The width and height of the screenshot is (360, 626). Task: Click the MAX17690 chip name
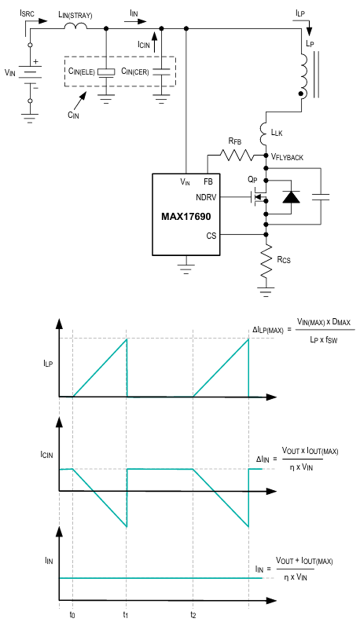(186, 217)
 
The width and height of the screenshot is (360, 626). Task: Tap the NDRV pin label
(206, 197)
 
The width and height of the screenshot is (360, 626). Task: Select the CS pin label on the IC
(211, 236)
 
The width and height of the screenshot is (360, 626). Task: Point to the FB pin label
(208, 182)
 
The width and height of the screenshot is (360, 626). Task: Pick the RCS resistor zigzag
(266, 261)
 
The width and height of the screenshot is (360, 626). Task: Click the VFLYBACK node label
(287, 157)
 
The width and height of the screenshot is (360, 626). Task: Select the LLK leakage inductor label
(277, 132)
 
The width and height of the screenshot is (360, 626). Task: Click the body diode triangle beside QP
(291, 197)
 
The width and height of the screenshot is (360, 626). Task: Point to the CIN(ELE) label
(81, 72)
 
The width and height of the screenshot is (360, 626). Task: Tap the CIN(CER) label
(135, 72)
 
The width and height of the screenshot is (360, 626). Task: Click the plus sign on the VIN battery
(36, 62)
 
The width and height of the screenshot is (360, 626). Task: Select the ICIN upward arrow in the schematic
(154, 42)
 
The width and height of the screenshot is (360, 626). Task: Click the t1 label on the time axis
(126, 615)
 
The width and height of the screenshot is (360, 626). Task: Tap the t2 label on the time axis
(193, 615)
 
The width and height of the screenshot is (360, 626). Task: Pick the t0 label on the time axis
(72, 615)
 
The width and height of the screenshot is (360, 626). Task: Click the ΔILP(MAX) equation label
(268, 330)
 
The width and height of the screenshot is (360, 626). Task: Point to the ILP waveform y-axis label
(48, 363)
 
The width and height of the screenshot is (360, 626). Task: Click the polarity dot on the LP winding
(301, 94)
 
